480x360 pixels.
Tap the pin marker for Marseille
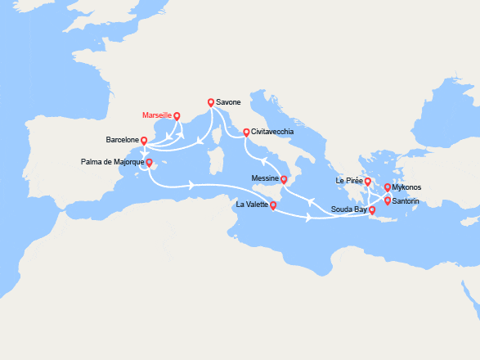click(x=177, y=115)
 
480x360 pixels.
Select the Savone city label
click(x=229, y=103)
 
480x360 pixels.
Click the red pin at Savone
click(x=211, y=103)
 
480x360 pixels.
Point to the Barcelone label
click(x=122, y=140)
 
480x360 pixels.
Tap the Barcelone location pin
click(x=144, y=141)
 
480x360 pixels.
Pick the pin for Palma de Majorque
click(x=149, y=162)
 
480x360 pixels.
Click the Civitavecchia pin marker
click(x=245, y=132)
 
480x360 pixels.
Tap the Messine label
click(x=265, y=179)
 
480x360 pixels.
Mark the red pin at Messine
click(x=284, y=179)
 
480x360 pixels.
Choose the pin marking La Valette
click(x=273, y=205)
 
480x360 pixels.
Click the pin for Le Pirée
click(x=368, y=182)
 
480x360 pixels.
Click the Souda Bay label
click(x=348, y=210)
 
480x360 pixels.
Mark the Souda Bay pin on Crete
click(x=372, y=210)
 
